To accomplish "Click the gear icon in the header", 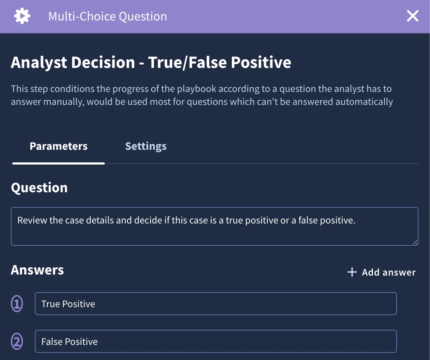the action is [x=22, y=16].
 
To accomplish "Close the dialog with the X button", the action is [x=412, y=16].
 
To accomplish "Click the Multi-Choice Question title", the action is [x=108, y=17].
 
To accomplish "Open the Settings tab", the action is [x=146, y=146].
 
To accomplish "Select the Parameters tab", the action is [x=59, y=146].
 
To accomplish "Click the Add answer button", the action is [x=382, y=272].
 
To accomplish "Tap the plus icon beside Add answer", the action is [x=352, y=272].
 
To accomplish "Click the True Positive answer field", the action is [x=216, y=304].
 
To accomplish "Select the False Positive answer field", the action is [x=216, y=341].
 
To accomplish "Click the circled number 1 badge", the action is [x=17, y=304].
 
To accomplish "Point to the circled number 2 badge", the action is [x=17, y=341].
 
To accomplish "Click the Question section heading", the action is [x=39, y=188].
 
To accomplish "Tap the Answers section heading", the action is [x=37, y=270].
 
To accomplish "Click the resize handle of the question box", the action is [x=415, y=242].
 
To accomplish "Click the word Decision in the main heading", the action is [x=103, y=62].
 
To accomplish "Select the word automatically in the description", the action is [x=364, y=102].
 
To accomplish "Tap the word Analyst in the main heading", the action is [x=39, y=63].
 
